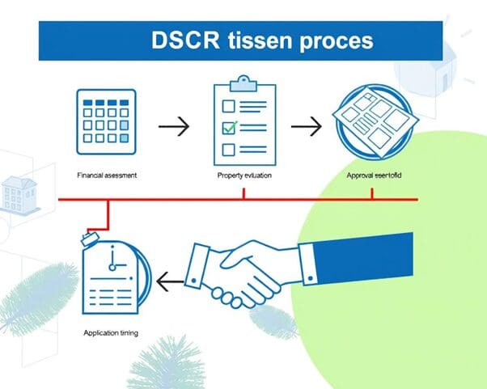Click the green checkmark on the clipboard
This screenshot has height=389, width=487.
231,127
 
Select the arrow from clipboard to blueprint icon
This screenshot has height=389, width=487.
305,126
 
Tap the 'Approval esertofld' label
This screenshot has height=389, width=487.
372,175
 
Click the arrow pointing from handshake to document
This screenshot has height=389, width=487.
171,281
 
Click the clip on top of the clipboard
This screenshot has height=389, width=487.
243,82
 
